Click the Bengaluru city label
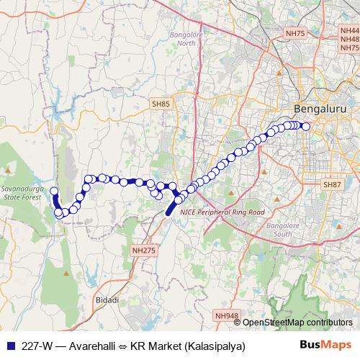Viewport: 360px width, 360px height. [318, 109]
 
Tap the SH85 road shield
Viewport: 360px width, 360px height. [161, 105]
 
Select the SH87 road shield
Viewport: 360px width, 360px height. [332, 185]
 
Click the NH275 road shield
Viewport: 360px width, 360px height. [143, 249]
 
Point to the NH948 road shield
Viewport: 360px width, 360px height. [225, 315]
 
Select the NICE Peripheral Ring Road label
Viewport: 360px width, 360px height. [222, 212]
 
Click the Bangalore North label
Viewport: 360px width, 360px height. [186, 38]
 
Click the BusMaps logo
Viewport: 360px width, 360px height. [326, 346]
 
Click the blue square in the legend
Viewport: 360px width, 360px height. [9, 346]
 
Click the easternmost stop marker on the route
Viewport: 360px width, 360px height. [305, 127]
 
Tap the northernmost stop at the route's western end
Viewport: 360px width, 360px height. [54, 191]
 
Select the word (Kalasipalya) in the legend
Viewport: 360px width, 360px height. [214, 346]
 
